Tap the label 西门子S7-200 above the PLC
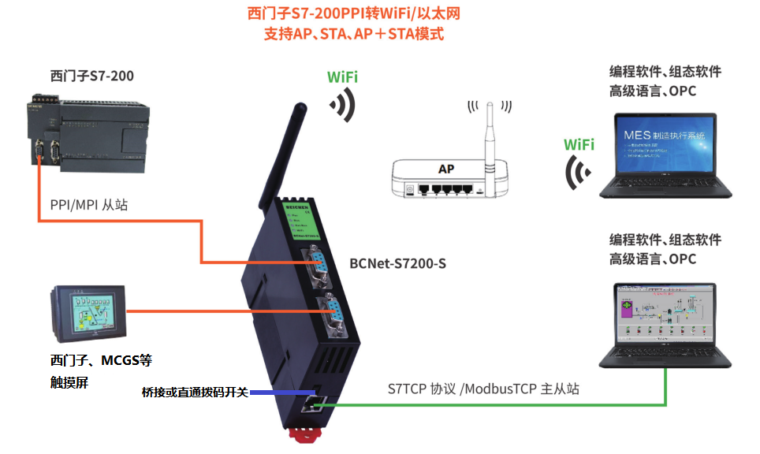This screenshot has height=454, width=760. pyautogui.click(x=91, y=76)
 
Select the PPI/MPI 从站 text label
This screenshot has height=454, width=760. pyautogui.click(x=88, y=205)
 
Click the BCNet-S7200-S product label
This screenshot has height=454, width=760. pyautogui.click(x=397, y=263)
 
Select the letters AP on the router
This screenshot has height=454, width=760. pyautogui.click(x=446, y=169)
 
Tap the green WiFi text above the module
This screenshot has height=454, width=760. pyautogui.click(x=343, y=77)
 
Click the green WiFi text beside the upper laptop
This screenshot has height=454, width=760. pyautogui.click(x=579, y=145)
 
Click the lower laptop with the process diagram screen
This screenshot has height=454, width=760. pyautogui.click(x=667, y=323)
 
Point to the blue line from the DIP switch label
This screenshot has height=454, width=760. pyautogui.click(x=275, y=393)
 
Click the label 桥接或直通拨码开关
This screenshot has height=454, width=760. pyautogui.click(x=194, y=393)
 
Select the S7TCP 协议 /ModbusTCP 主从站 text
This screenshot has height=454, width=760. pyautogui.click(x=484, y=389)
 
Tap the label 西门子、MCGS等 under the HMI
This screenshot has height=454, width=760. pyautogui.click(x=100, y=361)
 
